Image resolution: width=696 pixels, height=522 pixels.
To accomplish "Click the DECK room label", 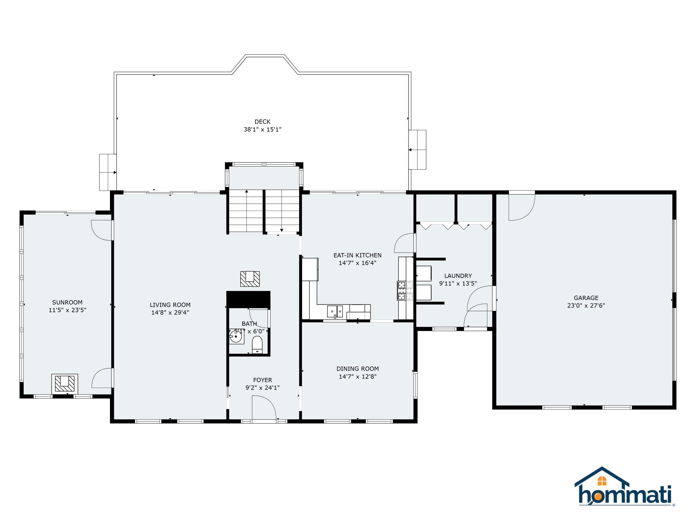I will pos(262,122).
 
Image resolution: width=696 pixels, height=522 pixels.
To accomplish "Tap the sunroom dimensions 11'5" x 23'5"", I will pos(67,310).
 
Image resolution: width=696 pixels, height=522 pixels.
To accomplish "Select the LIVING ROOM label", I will pos(170,305).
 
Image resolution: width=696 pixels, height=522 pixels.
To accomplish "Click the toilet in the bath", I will pos(257,345).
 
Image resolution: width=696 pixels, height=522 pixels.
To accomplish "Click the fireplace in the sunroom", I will pos(65,383).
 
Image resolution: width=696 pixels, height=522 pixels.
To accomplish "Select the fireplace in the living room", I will pos(250,279).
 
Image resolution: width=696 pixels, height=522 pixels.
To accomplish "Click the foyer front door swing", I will pos(264,407).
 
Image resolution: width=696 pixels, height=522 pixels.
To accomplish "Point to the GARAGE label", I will pos(586,298).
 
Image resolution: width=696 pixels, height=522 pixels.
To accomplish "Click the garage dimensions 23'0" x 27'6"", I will pos(586,306).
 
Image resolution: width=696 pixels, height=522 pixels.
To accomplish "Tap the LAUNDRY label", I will pos(458,276).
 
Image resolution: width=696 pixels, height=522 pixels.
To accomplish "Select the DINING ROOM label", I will pos(358,368).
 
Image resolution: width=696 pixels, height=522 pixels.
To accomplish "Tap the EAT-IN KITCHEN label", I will pos(358,255).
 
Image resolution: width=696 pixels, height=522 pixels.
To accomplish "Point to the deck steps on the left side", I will pos(108,172).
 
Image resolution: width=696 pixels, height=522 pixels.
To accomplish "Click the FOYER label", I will pos(262,380).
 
